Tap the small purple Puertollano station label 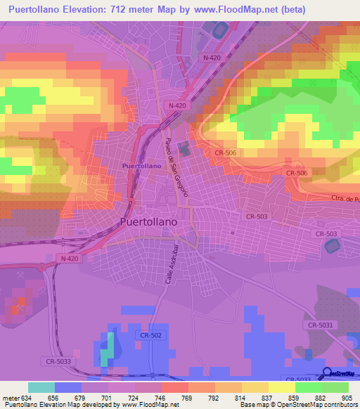click(x=136, y=165)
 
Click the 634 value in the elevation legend click(x=27, y=397)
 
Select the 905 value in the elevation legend click(x=348, y=397)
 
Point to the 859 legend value click(x=295, y=397)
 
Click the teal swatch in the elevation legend click(x=41, y=387)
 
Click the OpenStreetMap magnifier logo click(x=326, y=372)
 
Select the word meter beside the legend click(x=10, y=397)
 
